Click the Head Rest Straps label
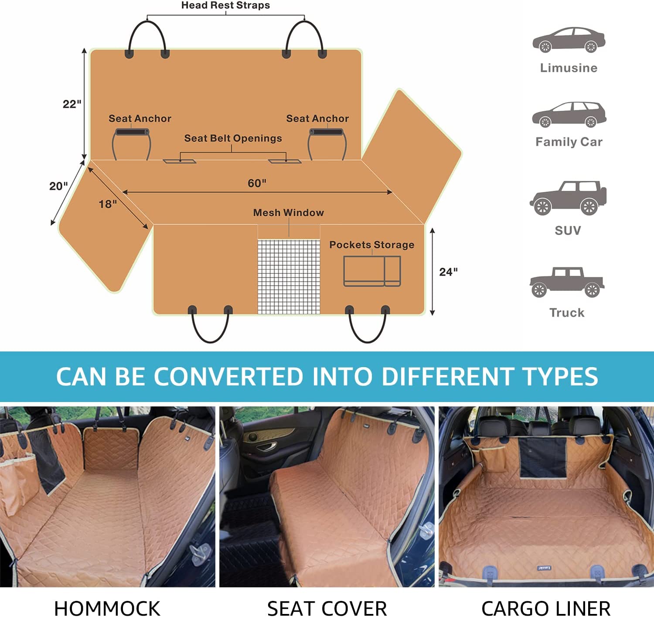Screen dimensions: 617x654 225,6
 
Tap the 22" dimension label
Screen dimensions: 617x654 72,104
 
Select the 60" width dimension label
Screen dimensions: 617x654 257,183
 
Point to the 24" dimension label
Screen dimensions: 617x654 448,272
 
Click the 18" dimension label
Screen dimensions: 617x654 108,204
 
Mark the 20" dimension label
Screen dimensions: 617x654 58,186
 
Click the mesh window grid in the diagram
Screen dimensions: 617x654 289,276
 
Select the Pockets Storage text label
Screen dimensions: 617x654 371,245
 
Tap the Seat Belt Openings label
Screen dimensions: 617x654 233,138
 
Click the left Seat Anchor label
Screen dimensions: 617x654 140,119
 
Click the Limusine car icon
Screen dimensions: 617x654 569,40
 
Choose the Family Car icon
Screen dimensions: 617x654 569,114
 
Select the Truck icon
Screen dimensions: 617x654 567,282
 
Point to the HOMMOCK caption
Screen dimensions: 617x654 107,608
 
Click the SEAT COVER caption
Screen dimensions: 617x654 327,608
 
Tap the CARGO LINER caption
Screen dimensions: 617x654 546,608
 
